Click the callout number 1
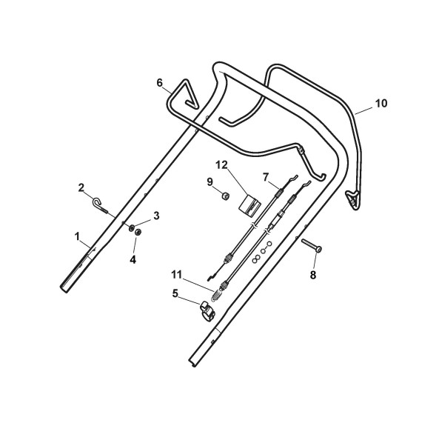coord(77,237)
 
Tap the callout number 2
coord(81,187)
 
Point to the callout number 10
coord(381,104)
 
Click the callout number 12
coord(221,165)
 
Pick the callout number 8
coord(312,275)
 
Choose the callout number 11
coord(177,275)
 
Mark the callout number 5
coord(175,293)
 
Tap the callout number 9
coord(210,181)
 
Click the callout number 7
coord(266,177)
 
